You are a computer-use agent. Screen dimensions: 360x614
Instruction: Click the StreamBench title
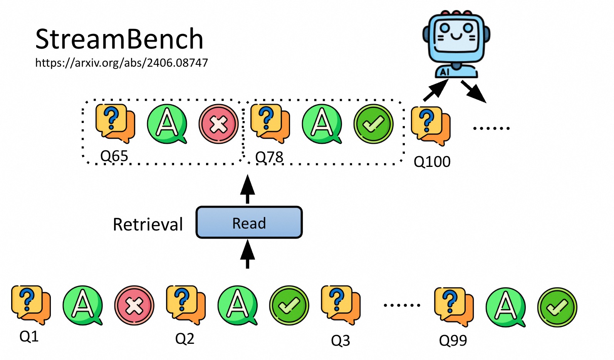(119, 39)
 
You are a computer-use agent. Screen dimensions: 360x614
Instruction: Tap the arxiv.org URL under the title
(121, 62)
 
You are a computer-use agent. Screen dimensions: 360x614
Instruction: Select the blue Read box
(249, 222)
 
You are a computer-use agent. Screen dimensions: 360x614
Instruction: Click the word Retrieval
(148, 224)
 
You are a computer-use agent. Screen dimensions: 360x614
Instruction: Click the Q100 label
(432, 161)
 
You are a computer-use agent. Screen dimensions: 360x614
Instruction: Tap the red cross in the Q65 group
(218, 124)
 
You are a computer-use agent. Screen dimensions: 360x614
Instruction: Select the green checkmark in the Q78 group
(373, 124)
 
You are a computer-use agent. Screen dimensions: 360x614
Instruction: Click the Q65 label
(114, 156)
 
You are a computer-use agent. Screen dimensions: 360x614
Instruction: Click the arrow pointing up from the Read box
(247, 188)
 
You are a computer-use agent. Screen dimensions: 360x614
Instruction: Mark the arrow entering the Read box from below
(247, 254)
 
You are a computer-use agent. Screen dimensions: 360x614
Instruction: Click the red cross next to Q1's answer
(134, 305)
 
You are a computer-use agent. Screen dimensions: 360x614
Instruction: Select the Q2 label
(185, 338)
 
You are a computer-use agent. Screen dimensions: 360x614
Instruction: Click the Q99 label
(453, 340)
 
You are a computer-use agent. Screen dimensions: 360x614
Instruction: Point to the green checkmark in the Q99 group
(557, 307)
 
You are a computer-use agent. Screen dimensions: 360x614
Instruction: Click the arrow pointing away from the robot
(473, 92)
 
